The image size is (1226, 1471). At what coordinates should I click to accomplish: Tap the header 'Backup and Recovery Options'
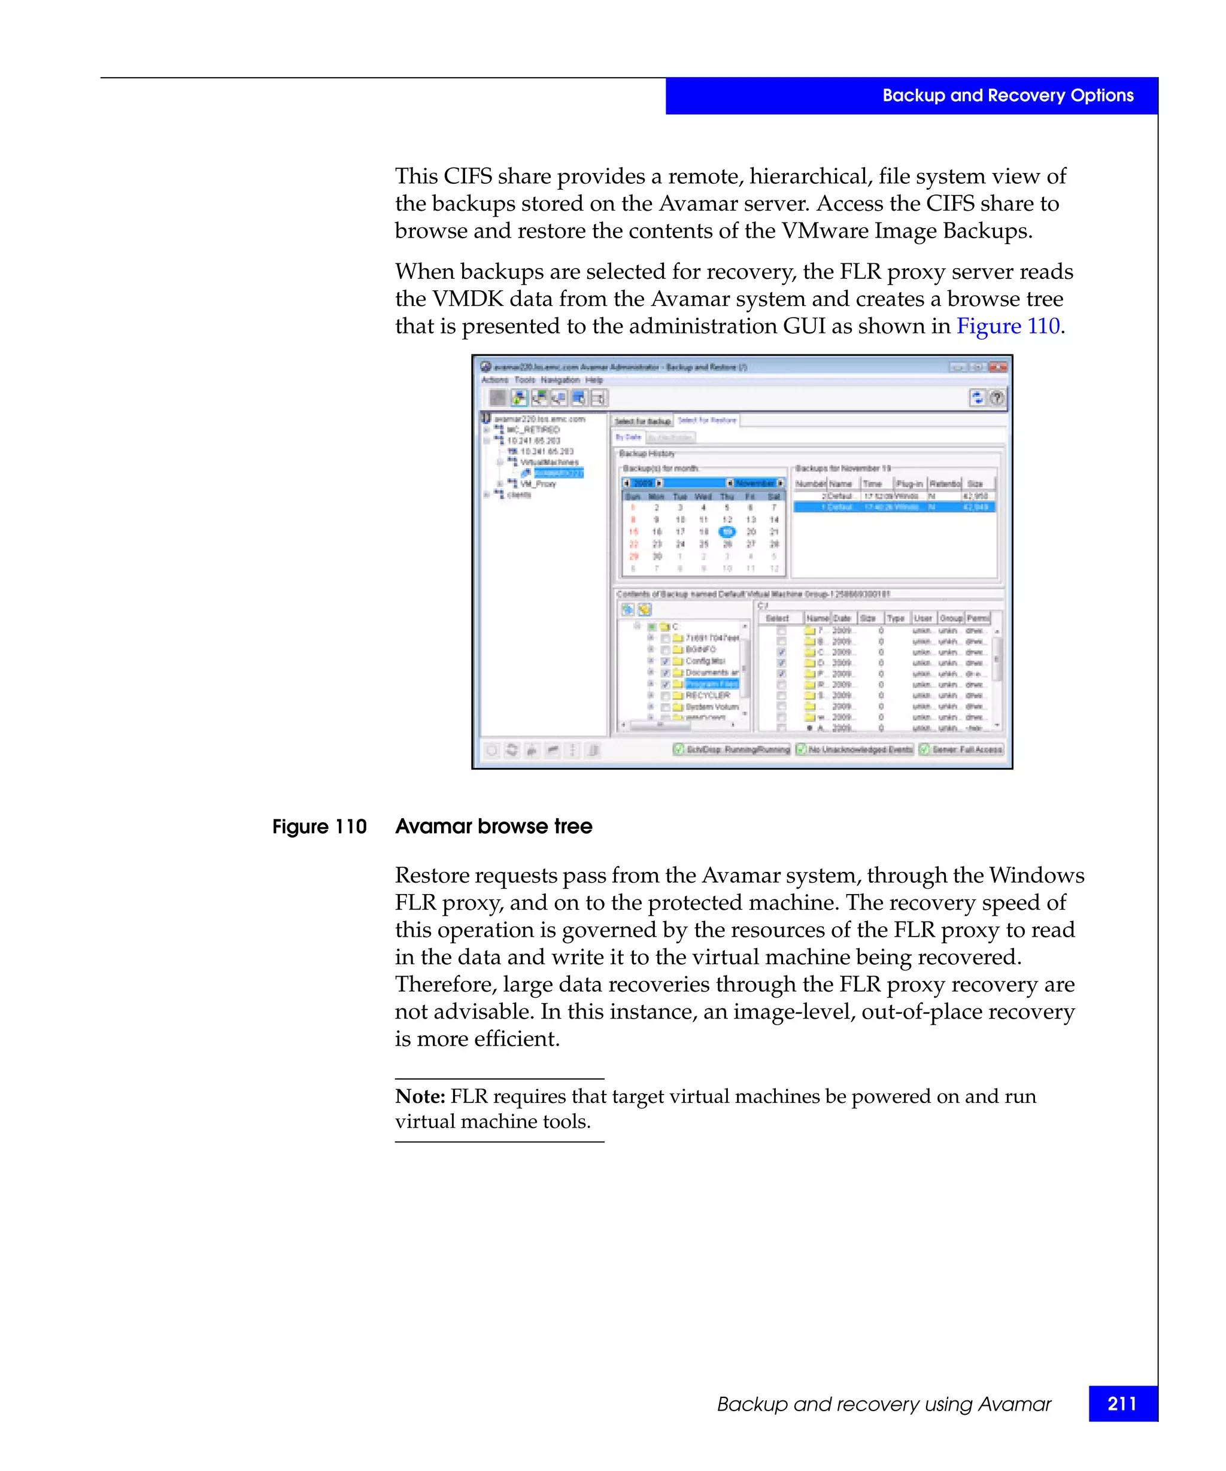point(1007,95)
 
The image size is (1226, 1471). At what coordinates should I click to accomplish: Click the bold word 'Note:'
point(420,1096)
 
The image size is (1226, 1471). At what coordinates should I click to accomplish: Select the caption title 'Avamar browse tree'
point(493,826)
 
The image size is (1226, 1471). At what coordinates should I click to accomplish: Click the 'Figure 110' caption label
point(320,826)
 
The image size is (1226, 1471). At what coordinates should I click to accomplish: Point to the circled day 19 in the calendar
point(727,531)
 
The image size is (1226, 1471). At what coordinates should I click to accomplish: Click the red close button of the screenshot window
point(999,367)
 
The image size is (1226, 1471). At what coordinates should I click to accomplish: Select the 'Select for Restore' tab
point(707,420)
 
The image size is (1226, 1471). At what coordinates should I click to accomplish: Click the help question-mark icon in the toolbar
point(996,398)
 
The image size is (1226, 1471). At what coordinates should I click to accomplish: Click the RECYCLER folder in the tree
point(707,695)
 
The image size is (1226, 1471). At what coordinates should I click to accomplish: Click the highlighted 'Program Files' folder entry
point(711,683)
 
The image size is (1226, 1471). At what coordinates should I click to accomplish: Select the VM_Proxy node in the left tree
point(538,484)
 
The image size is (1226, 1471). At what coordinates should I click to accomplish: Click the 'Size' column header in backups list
point(975,484)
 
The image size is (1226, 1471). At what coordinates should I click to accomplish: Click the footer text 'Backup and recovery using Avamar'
point(884,1404)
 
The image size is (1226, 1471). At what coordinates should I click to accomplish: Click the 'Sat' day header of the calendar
point(774,496)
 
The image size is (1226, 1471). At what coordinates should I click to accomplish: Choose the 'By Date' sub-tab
point(628,437)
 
